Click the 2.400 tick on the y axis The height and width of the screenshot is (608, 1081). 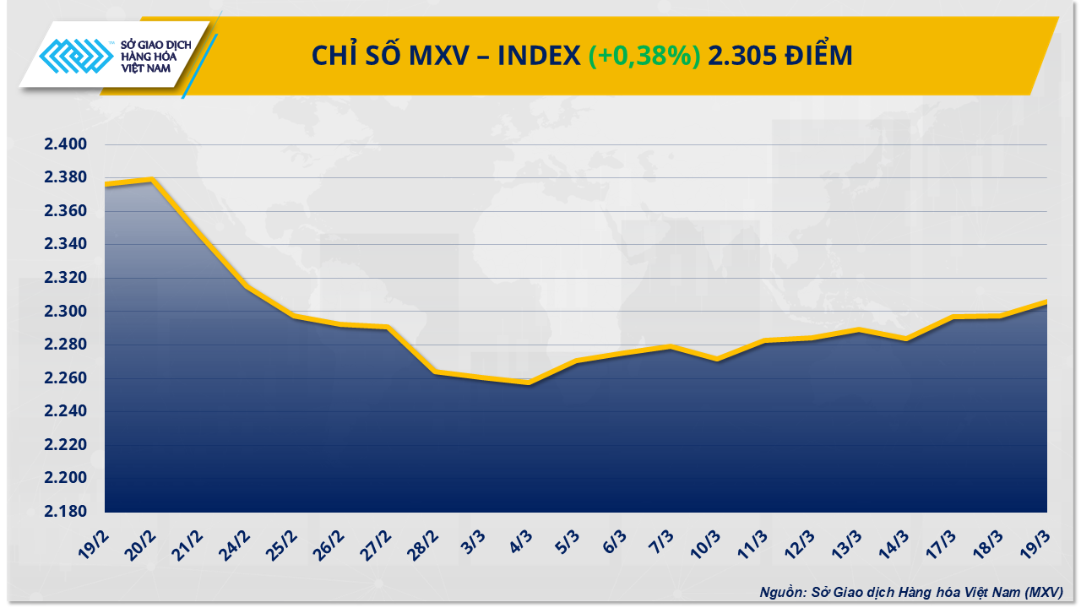click(x=66, y=144)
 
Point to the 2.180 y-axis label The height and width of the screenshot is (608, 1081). click(x=66, y=512)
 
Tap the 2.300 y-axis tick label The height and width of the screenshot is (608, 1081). click(x=66, y=312)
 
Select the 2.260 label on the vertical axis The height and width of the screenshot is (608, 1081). click(x=66, y=378)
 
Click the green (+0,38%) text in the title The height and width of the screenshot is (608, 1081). click(x=644, y=57)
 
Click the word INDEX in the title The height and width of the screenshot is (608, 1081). click(x=538, y=57)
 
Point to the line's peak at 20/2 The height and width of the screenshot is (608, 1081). click(x=152, y=179)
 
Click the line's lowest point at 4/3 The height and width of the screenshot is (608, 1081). click(x=529, y=383)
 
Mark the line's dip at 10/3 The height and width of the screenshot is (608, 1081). click(x=717, y=359)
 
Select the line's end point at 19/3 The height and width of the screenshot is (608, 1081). click(x=1046, y=302)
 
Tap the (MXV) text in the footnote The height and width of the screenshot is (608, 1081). click(x=1042, y=592)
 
